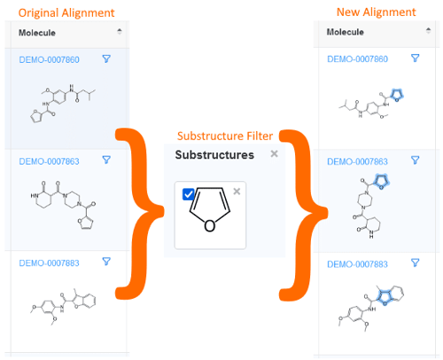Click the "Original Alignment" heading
tap(66, 13)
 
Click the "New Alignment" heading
tap(376, 12)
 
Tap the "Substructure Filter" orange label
tap(225, 136)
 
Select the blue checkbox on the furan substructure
tap(188, 194)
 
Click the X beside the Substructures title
tap(275, 153)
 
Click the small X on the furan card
tap(237, 192)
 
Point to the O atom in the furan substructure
tap(210, 226)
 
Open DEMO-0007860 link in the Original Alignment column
tap(49, 59)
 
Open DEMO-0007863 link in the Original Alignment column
tap(49, 161)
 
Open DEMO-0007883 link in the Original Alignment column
tap(49, 263)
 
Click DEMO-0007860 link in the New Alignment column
tap(357, 59)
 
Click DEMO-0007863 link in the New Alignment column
tap(357, 161)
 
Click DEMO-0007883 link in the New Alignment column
tap(357, 264)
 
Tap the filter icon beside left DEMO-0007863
tap(106, 160)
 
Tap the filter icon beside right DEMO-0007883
tap(416, 262)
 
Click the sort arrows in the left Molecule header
tap(120, 31)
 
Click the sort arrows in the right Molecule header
tap(428, 30)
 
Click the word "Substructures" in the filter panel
tap(214, 155)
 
